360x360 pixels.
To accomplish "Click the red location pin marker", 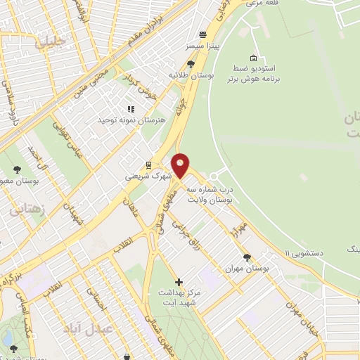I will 181,165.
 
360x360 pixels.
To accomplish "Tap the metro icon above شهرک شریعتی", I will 148,163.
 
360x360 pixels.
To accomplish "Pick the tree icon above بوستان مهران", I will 247,257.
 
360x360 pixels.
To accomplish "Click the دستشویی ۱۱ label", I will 306,252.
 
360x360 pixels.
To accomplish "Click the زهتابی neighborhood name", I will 27,209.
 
